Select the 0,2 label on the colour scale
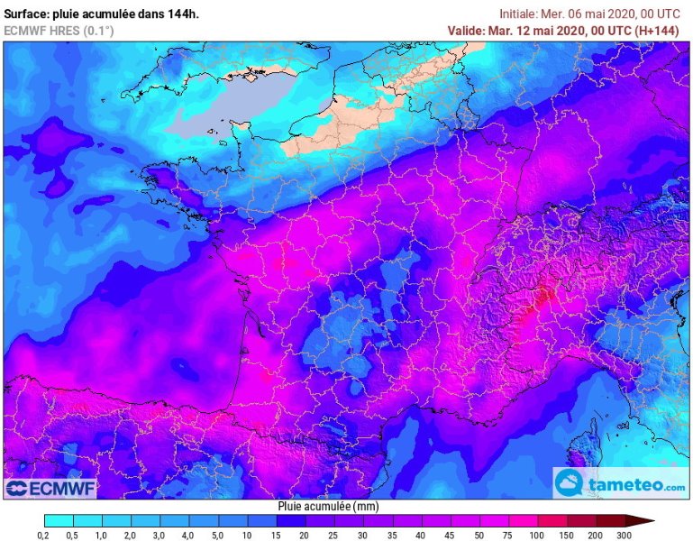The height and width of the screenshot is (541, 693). pyautogui.click(x=44, y=535)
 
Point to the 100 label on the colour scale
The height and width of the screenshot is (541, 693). pyautogui.click(x=538, y=535)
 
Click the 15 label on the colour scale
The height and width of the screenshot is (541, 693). pyautogui.click(x=276, y=535)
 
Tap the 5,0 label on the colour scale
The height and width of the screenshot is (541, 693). pyautogui.click(x=218, y=535)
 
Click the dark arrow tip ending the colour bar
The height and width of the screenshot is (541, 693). pyautogui.click(x=641, y=520)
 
